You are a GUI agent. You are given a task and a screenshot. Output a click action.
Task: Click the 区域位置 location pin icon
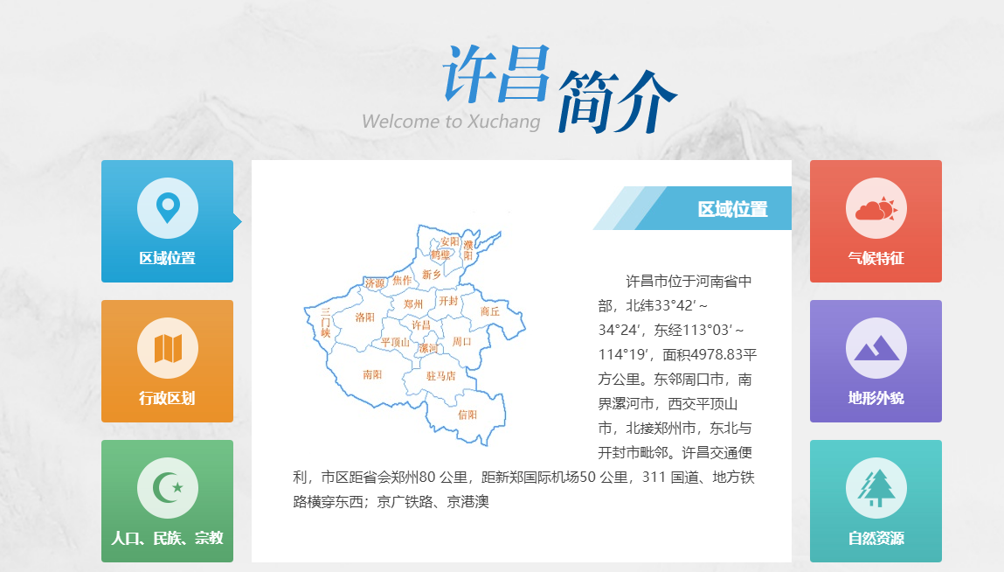[168, 208]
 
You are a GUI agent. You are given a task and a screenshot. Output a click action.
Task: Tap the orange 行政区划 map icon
[168, 348]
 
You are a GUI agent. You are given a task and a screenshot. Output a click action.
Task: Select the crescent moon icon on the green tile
[168, 488]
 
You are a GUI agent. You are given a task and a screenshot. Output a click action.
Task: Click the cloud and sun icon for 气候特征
[876, 209]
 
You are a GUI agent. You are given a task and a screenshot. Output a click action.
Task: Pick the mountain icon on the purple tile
[876, 348]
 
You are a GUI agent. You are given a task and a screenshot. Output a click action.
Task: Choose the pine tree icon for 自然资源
[876, 488]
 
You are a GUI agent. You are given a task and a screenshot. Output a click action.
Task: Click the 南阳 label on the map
[372, 374]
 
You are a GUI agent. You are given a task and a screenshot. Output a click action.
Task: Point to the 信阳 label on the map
[467, 415]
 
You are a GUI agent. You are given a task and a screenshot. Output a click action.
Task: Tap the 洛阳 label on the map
[365, 317]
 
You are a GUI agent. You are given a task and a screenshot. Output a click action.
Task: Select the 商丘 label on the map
[490, 311]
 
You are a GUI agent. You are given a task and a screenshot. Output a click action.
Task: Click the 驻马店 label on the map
[441, 376]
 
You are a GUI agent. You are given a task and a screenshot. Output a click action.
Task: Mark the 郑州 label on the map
[413, 304]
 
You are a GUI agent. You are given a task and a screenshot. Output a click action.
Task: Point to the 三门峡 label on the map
[325, 323]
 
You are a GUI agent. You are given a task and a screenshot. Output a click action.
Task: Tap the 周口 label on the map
[461, 342]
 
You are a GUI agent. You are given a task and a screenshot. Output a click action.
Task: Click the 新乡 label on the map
[432, 275]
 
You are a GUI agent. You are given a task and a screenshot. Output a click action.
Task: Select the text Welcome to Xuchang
[451, 122]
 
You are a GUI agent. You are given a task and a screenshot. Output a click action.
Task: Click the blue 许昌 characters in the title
[496, 73]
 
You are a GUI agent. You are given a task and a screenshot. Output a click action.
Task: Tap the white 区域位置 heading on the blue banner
[732, 209]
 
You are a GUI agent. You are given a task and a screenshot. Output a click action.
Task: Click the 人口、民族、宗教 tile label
[167, 537]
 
